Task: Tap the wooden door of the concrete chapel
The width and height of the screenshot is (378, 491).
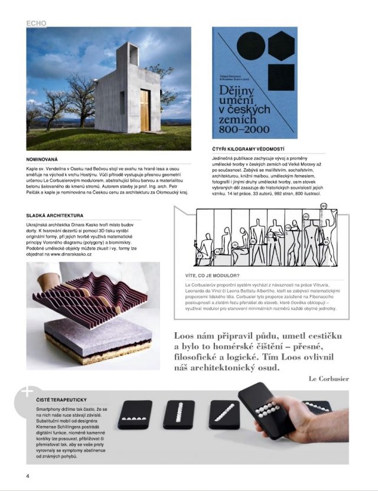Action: tap(145, 110)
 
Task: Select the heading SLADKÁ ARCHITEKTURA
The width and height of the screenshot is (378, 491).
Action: tap(55, 216)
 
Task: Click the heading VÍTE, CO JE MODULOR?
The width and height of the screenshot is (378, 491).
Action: tap(213, 276)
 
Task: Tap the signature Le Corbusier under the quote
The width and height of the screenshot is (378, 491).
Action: tap(328, 378)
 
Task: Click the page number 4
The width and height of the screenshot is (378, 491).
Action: tap(27, 475)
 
